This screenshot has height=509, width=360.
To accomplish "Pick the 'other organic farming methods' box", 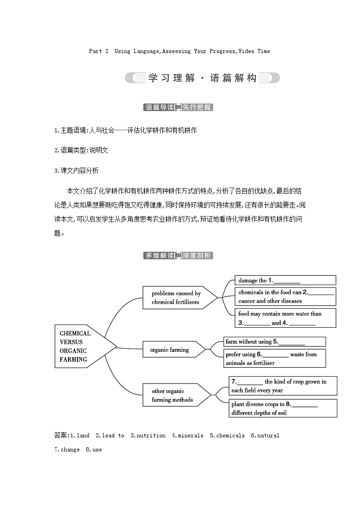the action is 172,395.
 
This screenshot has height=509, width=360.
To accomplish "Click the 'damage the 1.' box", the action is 286,281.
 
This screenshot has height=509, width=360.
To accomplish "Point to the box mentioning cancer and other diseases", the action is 286,296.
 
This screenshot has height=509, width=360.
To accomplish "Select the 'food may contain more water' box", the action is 286,318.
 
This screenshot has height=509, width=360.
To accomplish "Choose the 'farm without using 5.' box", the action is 275,342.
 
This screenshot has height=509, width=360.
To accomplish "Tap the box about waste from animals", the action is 275,358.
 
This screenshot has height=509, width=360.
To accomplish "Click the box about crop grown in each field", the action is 283,386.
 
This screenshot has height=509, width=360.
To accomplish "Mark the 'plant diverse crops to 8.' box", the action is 283,408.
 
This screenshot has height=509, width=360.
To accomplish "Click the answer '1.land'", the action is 80,436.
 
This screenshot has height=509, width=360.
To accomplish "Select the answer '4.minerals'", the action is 188,436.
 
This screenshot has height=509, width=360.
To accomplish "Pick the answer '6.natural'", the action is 265,436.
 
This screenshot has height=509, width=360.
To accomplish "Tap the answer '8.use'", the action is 94,450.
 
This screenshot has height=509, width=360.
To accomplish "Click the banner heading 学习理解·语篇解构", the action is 202,78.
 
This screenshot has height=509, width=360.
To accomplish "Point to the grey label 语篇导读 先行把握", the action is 178,107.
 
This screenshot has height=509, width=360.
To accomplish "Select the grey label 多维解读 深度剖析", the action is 178,256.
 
